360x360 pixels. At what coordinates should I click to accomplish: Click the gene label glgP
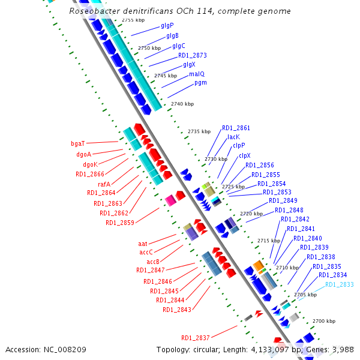[x=167, y=26]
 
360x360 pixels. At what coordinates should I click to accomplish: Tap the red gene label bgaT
[x=78, y=143]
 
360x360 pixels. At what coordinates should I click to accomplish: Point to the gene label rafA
[x=104, y=184]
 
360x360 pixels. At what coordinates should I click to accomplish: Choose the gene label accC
[x=146, y=253]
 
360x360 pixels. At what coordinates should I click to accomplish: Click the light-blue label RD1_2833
[x=339, y=284]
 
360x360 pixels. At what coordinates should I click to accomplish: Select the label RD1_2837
[x=196, y=337]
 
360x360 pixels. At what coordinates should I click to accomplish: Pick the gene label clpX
[x=245, y=155]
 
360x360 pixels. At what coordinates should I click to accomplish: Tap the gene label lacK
[x=233, y=137]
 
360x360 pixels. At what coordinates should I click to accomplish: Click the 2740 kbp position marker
[x=182, y=104]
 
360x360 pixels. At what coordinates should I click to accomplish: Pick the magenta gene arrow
[x=170, y=200]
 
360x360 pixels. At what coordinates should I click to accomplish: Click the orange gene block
[x=258, y=265]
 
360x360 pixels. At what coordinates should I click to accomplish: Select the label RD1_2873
[x=192, y=55]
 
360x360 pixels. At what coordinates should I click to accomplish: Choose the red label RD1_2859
[x=120, y=223]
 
